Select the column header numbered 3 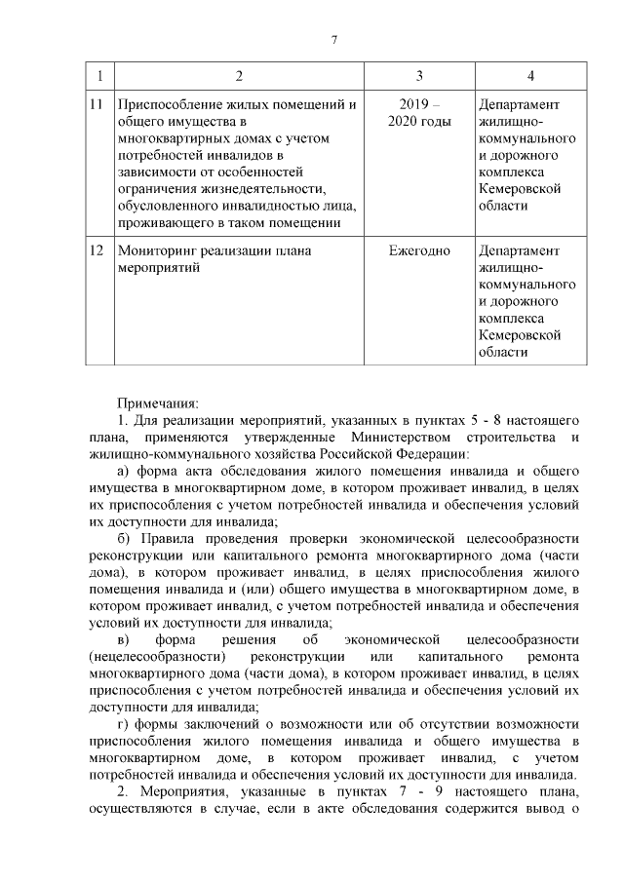(419, 76)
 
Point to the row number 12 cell (96, 250)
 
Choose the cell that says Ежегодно (419, 250)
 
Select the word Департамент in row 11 (520, 104)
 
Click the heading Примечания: (157, 402)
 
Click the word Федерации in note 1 (437, 453)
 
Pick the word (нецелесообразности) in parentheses (147, 656)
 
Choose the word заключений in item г (213, 724)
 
